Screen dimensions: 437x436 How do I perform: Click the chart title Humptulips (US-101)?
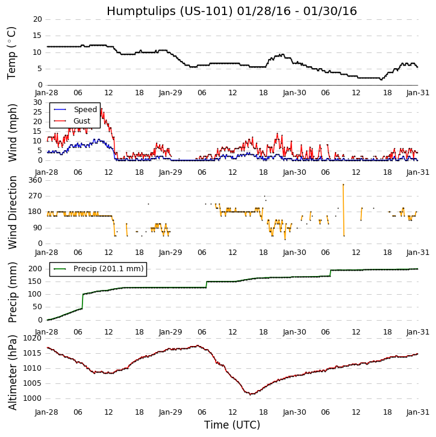coord(232,11)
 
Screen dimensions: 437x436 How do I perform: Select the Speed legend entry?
coord(85,110)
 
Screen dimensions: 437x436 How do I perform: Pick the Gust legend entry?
coord(82,121)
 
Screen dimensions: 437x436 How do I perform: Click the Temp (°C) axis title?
coord(12,52)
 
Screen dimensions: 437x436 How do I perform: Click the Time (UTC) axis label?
coord(232,425)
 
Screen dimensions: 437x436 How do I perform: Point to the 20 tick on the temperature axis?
coord(37,19)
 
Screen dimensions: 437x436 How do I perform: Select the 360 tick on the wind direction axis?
coord(35,180)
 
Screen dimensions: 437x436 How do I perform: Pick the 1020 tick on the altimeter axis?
coord(33,338)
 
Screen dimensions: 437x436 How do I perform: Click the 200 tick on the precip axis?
coord(35,269)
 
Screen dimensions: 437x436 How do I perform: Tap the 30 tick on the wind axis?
coord(37,102)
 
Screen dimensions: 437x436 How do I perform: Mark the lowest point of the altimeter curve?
coord(251,394)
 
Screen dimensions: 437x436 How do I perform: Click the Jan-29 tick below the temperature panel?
coord(170,93)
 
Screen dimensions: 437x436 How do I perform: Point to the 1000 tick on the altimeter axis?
coord(33,398)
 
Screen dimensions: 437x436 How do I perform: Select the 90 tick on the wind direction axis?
coord(37,228)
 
